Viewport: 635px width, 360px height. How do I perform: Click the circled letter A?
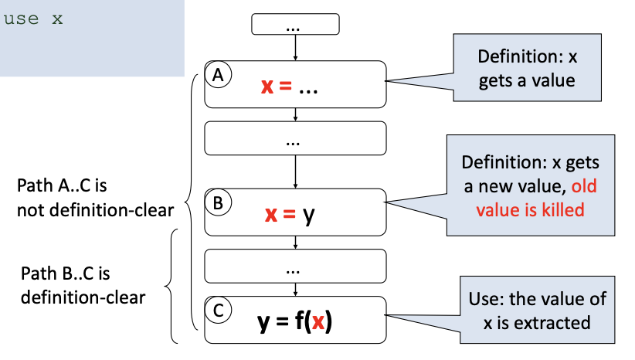pyautogui.click(x=218, y=75)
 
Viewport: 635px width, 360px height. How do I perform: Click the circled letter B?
pyautogui.click(x=218, y=203)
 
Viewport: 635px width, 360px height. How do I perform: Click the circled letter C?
pyautogui.click(x=218, y=311)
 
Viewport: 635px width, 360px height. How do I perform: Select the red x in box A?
pyautogui.click(x=267, y=87)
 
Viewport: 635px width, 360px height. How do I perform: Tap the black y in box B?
pyautogui.click(x=308, y=214)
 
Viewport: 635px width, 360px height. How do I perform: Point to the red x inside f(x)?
pyautogui.click(x=317, y=321)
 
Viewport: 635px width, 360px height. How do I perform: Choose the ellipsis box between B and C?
pyautogui.click(x=295, y=268)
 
